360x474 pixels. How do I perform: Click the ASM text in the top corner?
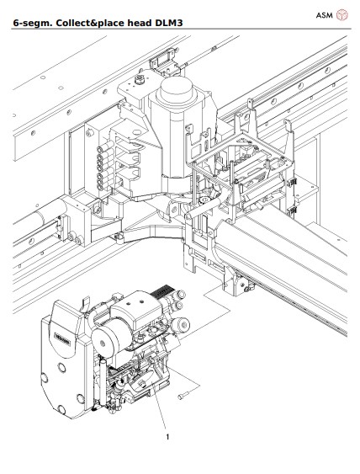click(x=324, y=15)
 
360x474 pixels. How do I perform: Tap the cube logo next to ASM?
click(x=342, y=15)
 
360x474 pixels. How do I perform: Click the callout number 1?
click(x=168, y=437)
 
